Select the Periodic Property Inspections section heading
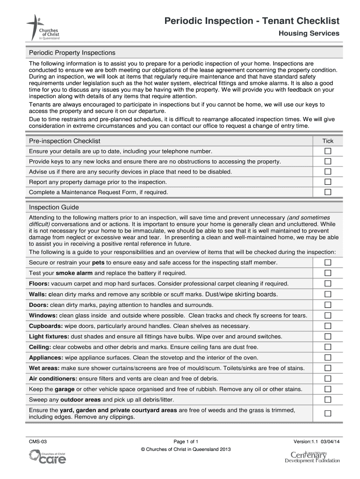72,52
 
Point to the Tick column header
328,141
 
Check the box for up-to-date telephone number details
328,151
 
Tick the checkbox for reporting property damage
328,182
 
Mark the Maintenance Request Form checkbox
328,192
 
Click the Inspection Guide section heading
54,207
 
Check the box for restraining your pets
328,262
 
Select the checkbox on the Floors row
328,283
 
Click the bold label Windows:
43,315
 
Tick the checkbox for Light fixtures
328,336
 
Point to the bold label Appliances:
46,357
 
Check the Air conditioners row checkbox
328,378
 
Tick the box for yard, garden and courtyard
328,413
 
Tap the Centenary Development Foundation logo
312,456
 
